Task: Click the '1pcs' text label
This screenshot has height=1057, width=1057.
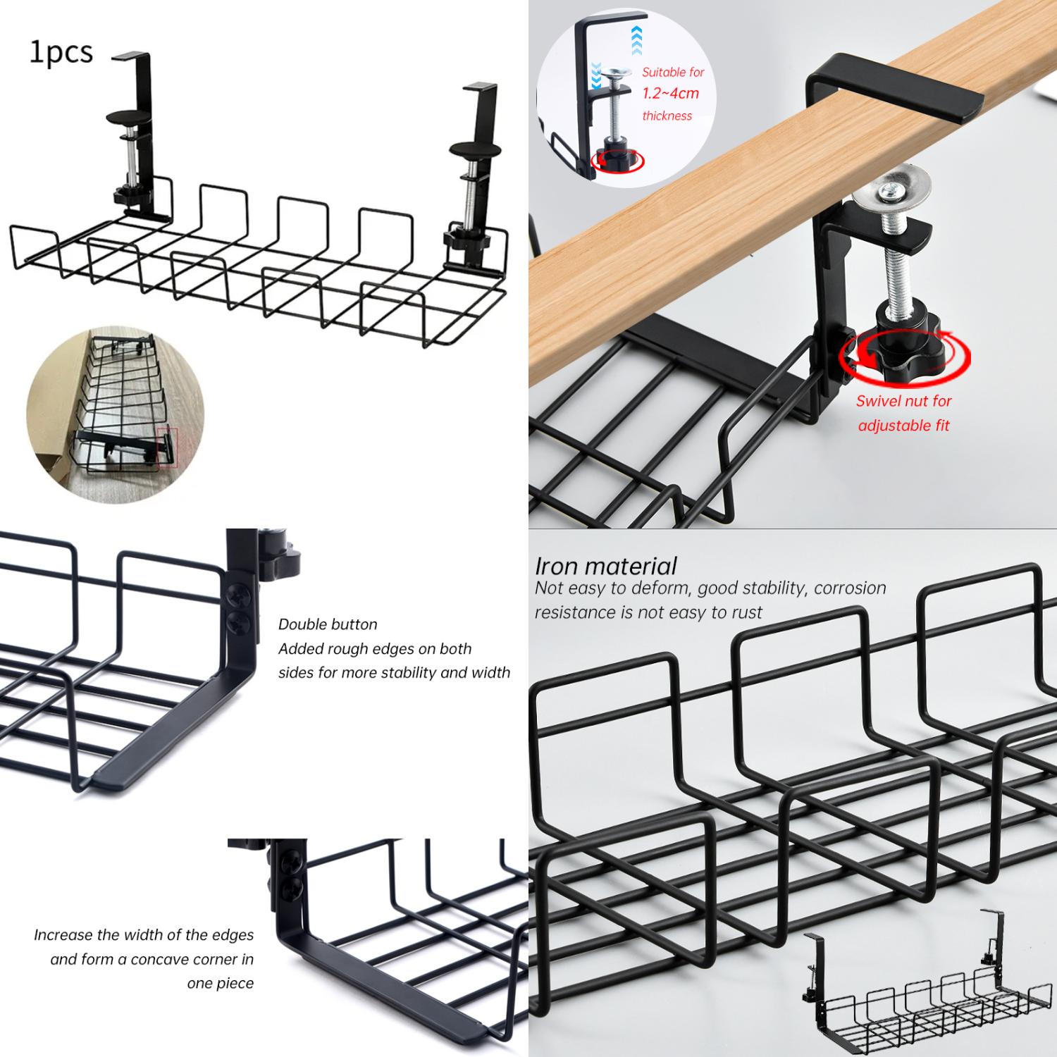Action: [x=61, y=53]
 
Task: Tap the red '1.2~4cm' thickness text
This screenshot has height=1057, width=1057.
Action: [x=670, y=93]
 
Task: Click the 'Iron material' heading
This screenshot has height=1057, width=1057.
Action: [x=605, y=566]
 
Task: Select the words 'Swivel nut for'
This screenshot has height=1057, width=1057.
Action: [x=903, y=401]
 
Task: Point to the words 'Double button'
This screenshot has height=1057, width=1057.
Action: [x=328, y=624]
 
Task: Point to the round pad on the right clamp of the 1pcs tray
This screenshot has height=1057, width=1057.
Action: [x=475, y=149]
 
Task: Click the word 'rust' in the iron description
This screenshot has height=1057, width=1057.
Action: [x=746, y=612]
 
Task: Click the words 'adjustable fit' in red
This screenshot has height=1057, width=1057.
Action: [x=903, y=426]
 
